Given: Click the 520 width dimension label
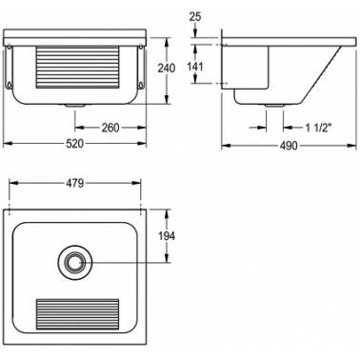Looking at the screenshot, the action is coord(74,144).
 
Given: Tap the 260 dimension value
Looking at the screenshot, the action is coord(110,128).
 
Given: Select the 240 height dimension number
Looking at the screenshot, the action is coord(167,68).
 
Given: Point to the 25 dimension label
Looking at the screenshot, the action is coord(195,16).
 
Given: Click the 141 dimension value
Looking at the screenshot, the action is coord(195,67).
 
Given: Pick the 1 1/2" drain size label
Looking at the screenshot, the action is coord(318,128).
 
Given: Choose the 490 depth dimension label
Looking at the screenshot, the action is coord(289,146).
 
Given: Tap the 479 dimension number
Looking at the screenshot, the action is coord(74,183).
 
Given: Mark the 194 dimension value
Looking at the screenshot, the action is coord(167,236).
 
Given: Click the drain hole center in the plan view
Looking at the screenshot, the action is coord(75,262).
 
